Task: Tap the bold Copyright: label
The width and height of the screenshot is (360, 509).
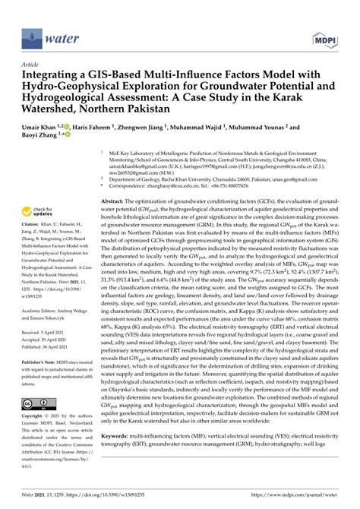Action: [x=34, y=416]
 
